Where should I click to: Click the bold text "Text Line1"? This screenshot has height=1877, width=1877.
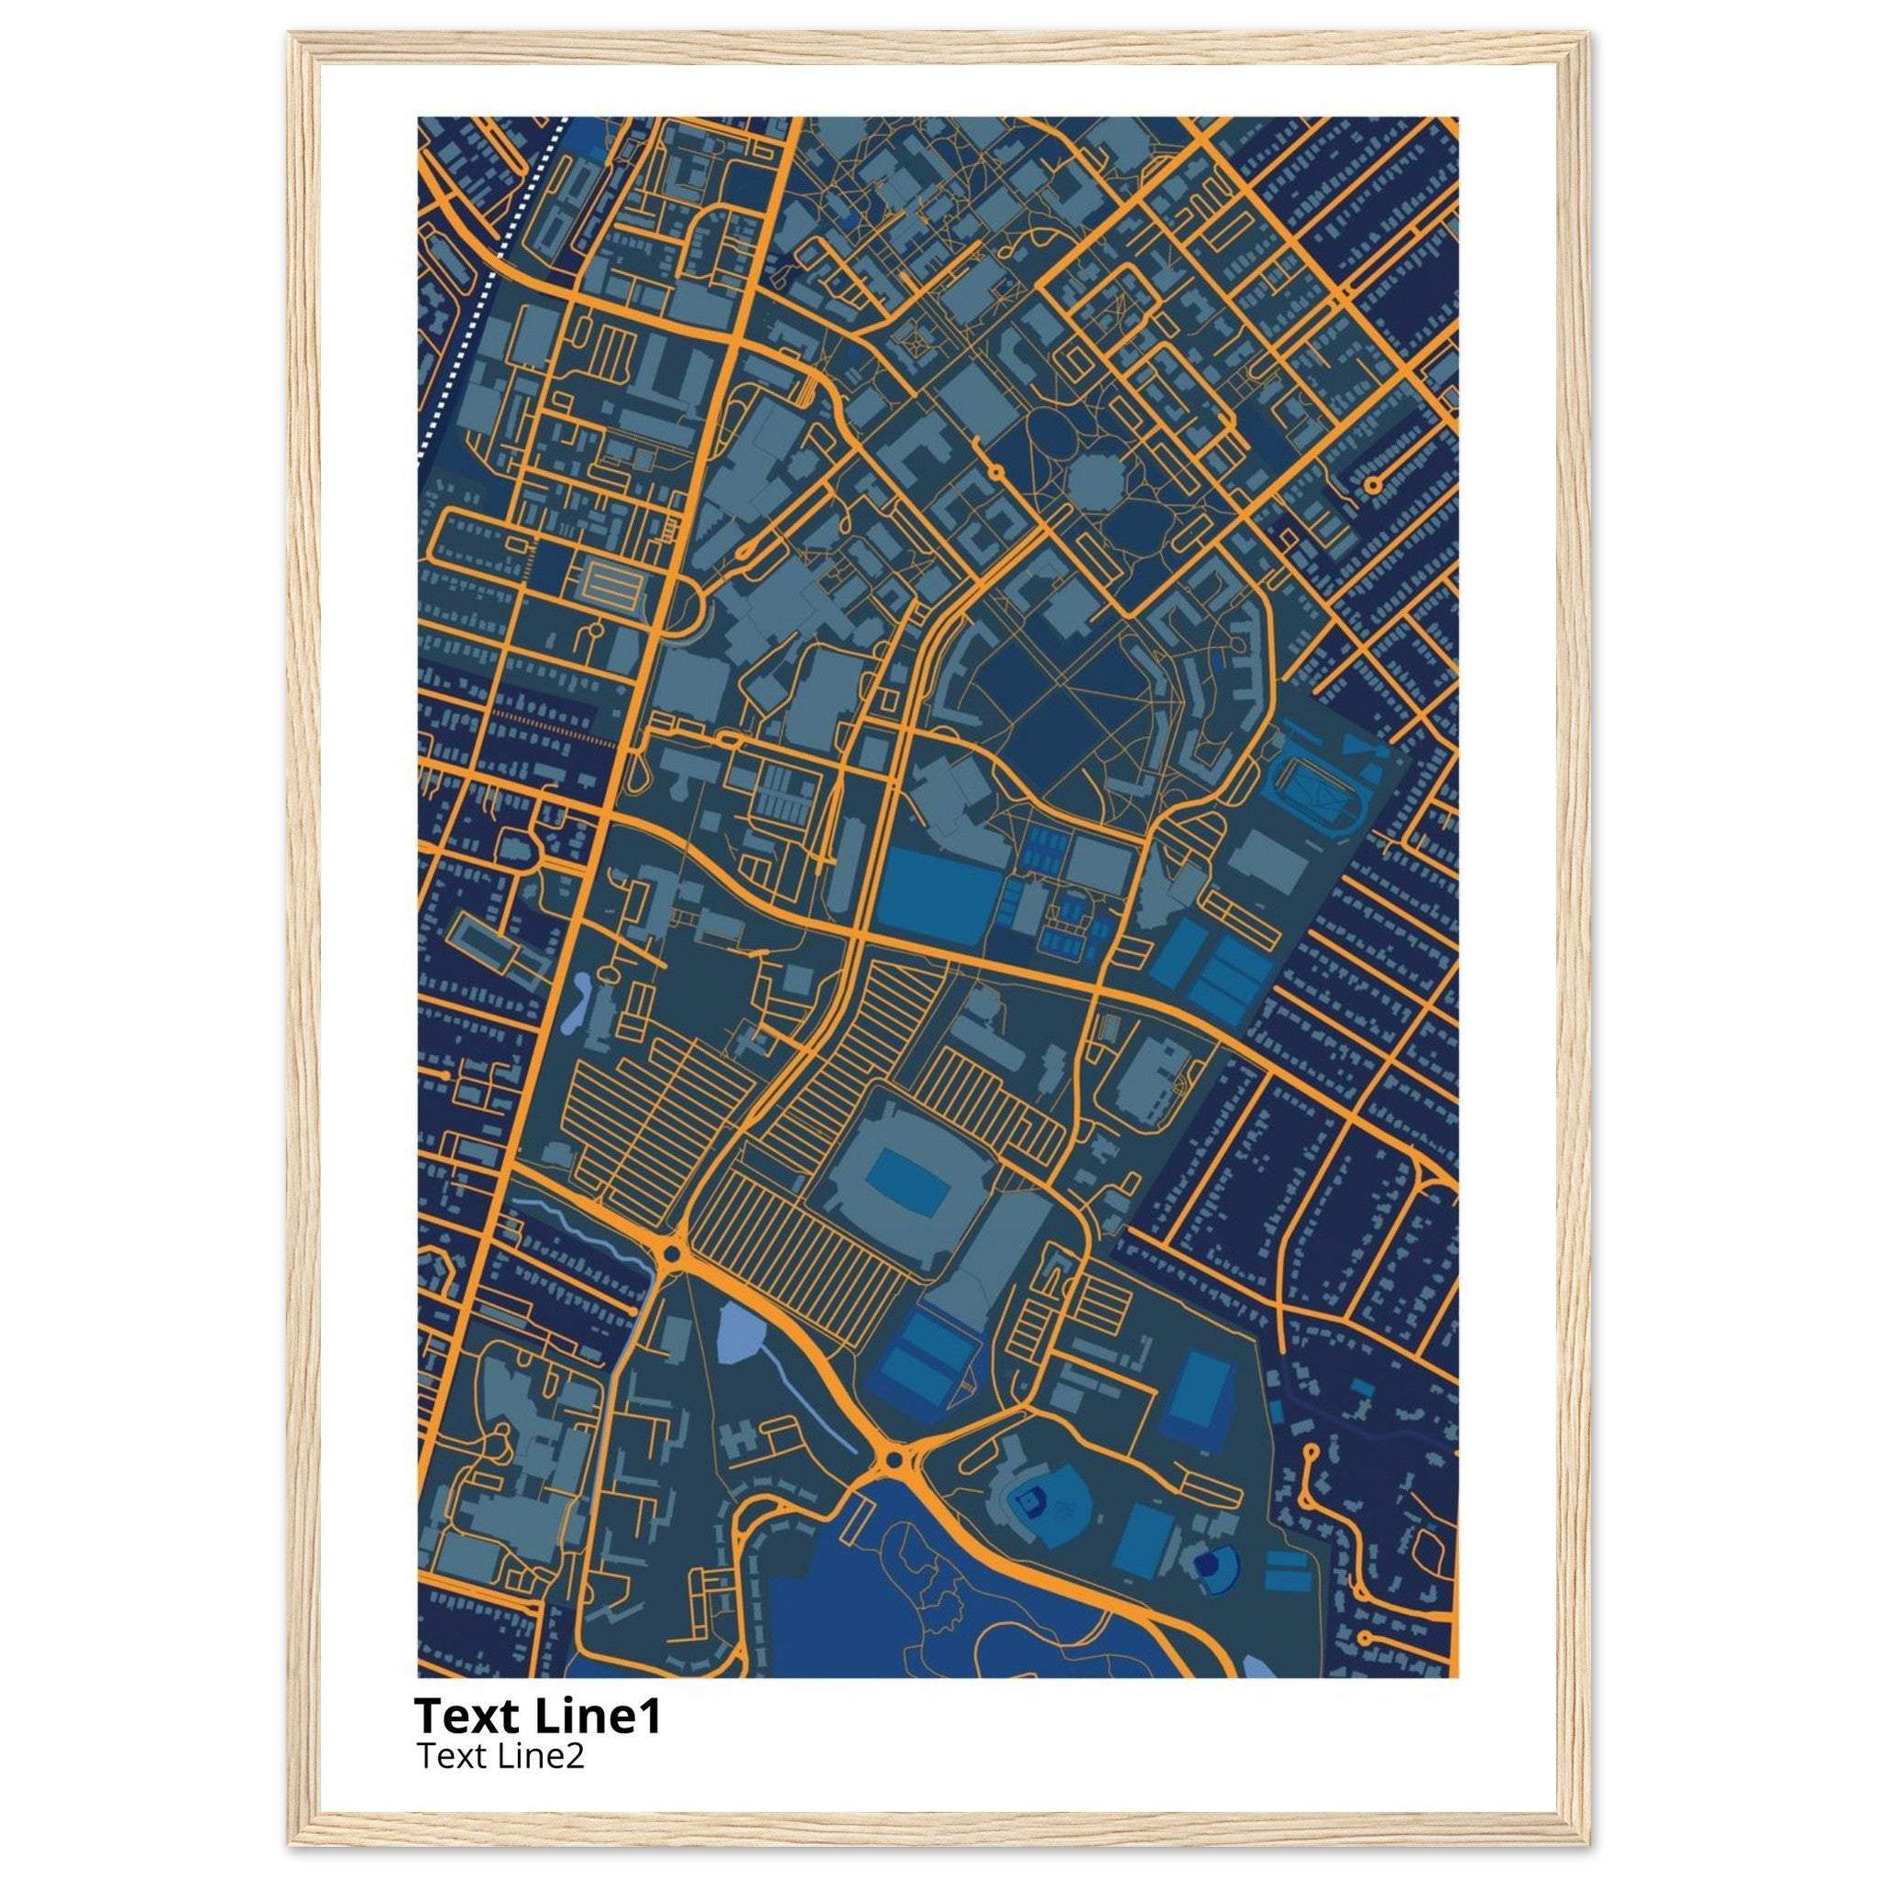pos(537,1717)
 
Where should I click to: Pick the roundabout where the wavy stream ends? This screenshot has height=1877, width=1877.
pos(669,1256)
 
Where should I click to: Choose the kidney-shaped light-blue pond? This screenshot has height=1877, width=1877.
pos(576,1002)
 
